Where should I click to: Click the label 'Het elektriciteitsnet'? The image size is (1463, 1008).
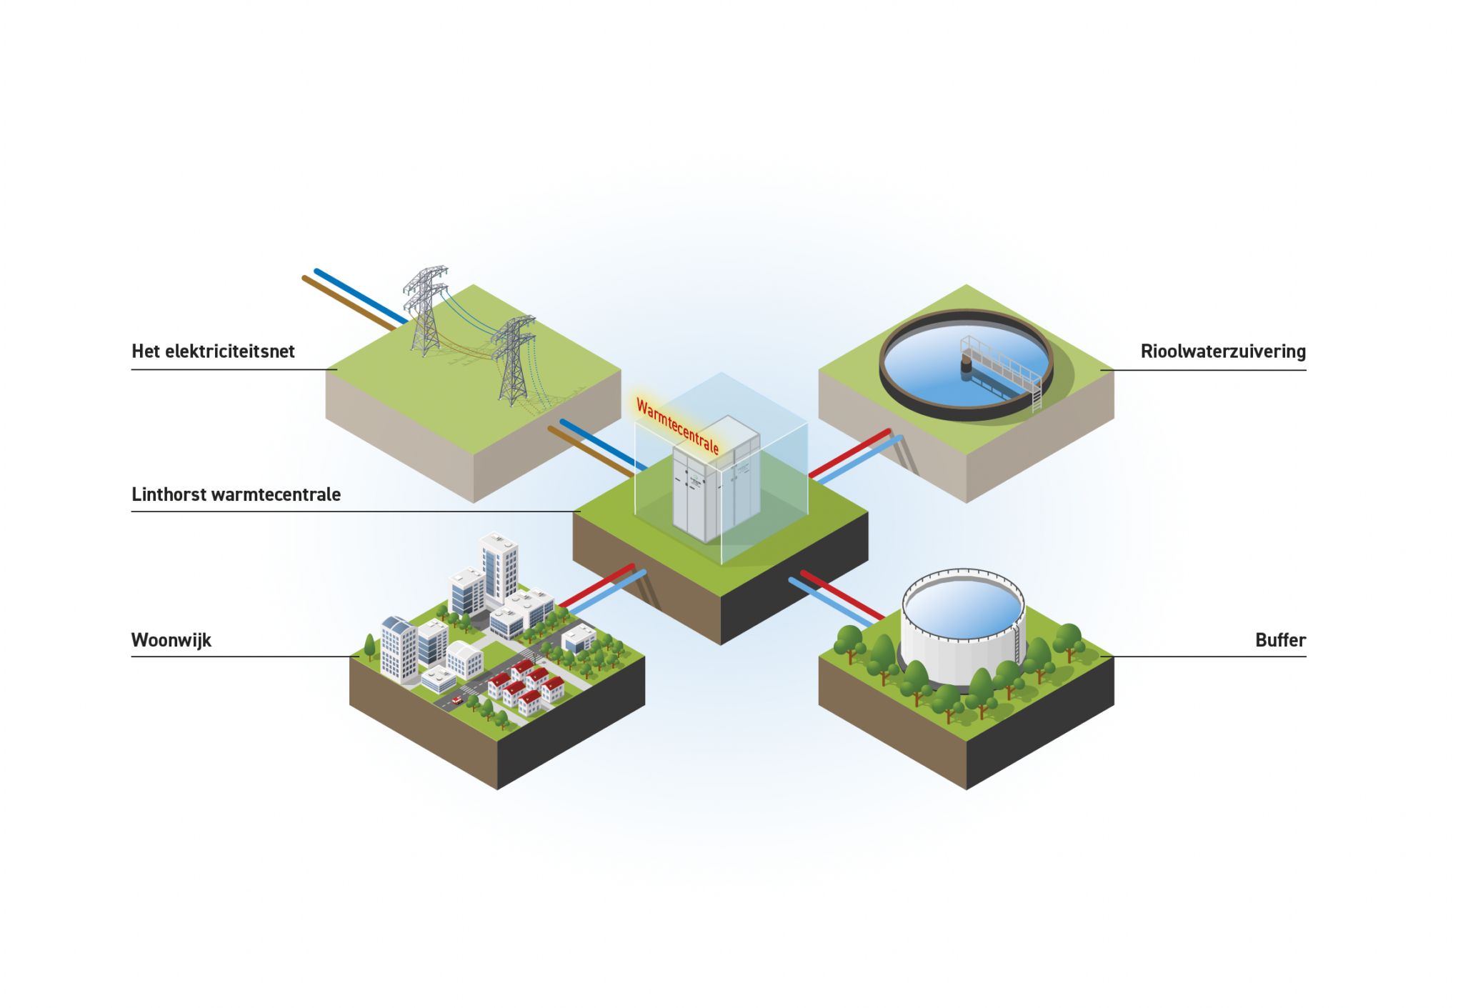213,351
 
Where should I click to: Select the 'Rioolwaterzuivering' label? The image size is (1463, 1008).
1223,351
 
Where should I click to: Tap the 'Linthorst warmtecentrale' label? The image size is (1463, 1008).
236,494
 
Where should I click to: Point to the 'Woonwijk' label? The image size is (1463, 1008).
171,640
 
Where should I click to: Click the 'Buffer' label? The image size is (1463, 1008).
1280,640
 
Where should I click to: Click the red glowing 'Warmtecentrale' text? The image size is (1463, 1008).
677,426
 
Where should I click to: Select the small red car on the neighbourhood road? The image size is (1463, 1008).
457,700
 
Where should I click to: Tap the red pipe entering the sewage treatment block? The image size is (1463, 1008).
849,453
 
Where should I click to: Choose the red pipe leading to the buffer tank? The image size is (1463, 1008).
843,596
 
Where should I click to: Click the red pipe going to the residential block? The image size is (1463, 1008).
596,587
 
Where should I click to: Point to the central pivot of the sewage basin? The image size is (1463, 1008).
966,365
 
